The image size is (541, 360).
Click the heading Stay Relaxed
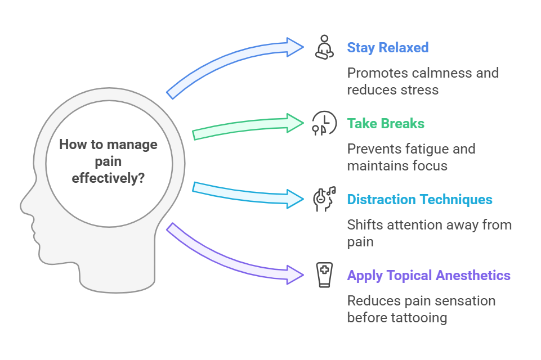click(x=387, y=47)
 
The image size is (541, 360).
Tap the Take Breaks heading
click(x=386, y=123)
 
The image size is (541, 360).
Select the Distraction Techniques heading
click(x=419, y=199)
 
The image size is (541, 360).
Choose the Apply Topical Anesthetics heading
click(x=428, y=275)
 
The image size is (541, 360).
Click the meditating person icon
click(x=323, y=47)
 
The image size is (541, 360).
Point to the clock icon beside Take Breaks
click(x=325, y=123)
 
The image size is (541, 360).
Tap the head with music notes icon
click(x=324, y=199)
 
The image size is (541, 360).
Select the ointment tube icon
click(x=324, y=275)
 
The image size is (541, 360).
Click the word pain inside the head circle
click(x=108, y=161)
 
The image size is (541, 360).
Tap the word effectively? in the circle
click(x=108, y=178)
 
